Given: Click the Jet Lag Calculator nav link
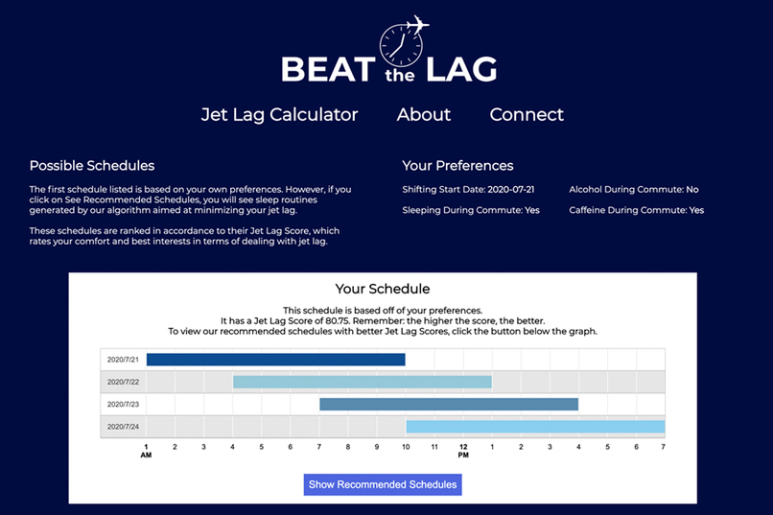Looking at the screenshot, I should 279,115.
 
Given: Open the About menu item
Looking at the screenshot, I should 424,115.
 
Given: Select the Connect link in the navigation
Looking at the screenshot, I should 527,115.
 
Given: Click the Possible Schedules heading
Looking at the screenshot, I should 92,166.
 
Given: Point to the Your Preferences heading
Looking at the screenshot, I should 457,166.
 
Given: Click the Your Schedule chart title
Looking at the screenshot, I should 383,289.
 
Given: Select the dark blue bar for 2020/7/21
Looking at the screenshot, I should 275,360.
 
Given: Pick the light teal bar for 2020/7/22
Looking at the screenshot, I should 363,382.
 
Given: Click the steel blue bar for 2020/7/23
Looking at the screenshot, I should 449,404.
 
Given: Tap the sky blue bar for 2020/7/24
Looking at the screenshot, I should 535,426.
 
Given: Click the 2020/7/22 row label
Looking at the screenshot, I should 123,382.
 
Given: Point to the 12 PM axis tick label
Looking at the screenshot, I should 463,450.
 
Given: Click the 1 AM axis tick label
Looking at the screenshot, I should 146,450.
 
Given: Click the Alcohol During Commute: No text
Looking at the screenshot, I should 634,190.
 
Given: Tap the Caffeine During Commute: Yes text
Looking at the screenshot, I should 637,210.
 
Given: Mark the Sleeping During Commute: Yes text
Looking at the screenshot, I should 471,210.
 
